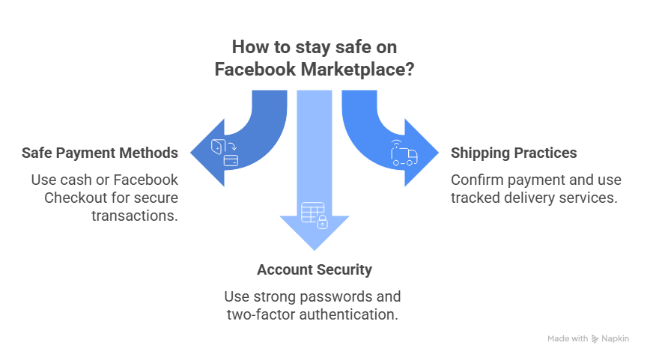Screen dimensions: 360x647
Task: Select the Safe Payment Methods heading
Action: coord(100,153)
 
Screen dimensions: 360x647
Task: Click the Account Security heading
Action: coord(314,269)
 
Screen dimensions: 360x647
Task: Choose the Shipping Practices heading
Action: coord(514,153)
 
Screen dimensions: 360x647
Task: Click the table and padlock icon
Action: coord(314,214)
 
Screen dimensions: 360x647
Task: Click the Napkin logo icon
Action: coord(595,338)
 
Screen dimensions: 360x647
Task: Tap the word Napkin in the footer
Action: coord(616,338)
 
